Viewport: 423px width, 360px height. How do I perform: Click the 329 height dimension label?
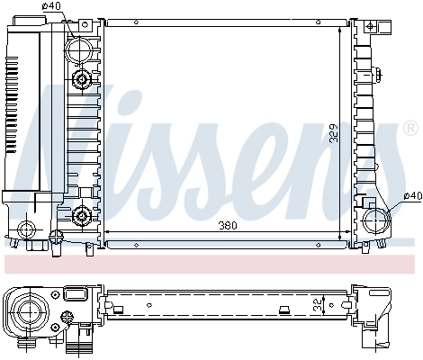tap(335, 132)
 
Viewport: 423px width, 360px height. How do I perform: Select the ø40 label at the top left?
tap(54, 7)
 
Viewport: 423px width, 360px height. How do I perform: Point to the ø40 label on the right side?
tap(411, 196)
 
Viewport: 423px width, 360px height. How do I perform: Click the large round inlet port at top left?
tap(83, 48)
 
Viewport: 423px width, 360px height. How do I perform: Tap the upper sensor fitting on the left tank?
tap(83, 82)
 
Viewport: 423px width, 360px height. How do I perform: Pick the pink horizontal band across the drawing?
tap(211, 264)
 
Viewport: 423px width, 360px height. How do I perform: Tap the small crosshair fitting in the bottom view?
tap(67, 317)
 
